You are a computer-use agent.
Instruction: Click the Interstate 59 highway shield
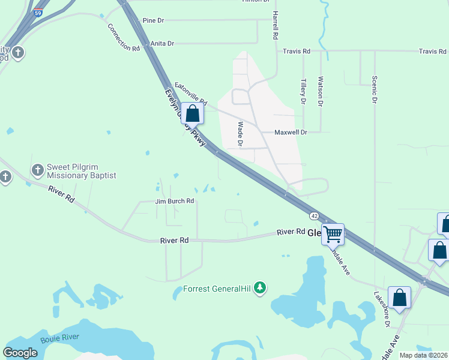coord(38,11)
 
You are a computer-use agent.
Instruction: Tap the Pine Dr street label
coord(153,20)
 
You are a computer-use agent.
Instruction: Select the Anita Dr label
coord(162,43)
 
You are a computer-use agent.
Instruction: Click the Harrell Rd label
coord(275,25)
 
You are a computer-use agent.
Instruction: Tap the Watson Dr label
coord(321,91)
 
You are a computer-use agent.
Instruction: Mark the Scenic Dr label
coord(374,89)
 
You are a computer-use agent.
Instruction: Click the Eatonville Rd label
coord(190,93)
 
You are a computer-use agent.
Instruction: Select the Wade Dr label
coord(240,134)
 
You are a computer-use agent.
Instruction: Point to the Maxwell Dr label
coord(291,132)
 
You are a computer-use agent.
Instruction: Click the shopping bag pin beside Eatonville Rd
coord(193,113)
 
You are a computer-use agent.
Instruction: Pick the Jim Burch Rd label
coord(174,202)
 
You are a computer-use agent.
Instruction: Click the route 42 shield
coord(314,215)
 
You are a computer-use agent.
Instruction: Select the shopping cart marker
coord(333,234)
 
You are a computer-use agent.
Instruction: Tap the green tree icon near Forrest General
coord(260,289)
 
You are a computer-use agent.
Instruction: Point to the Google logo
coord(20,353)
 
